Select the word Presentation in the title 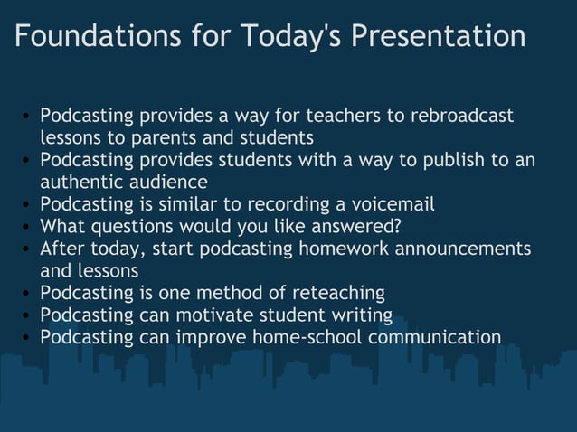(438, 37)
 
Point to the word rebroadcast (462, 117)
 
